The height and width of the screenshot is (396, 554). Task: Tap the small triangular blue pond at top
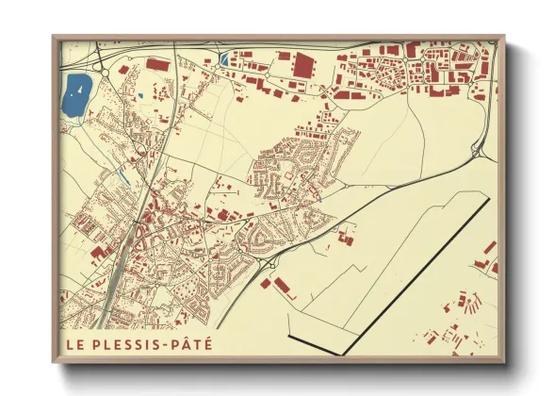(223, 60)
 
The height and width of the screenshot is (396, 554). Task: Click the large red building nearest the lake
(157, 65)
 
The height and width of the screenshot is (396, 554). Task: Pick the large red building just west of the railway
(96, 253)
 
